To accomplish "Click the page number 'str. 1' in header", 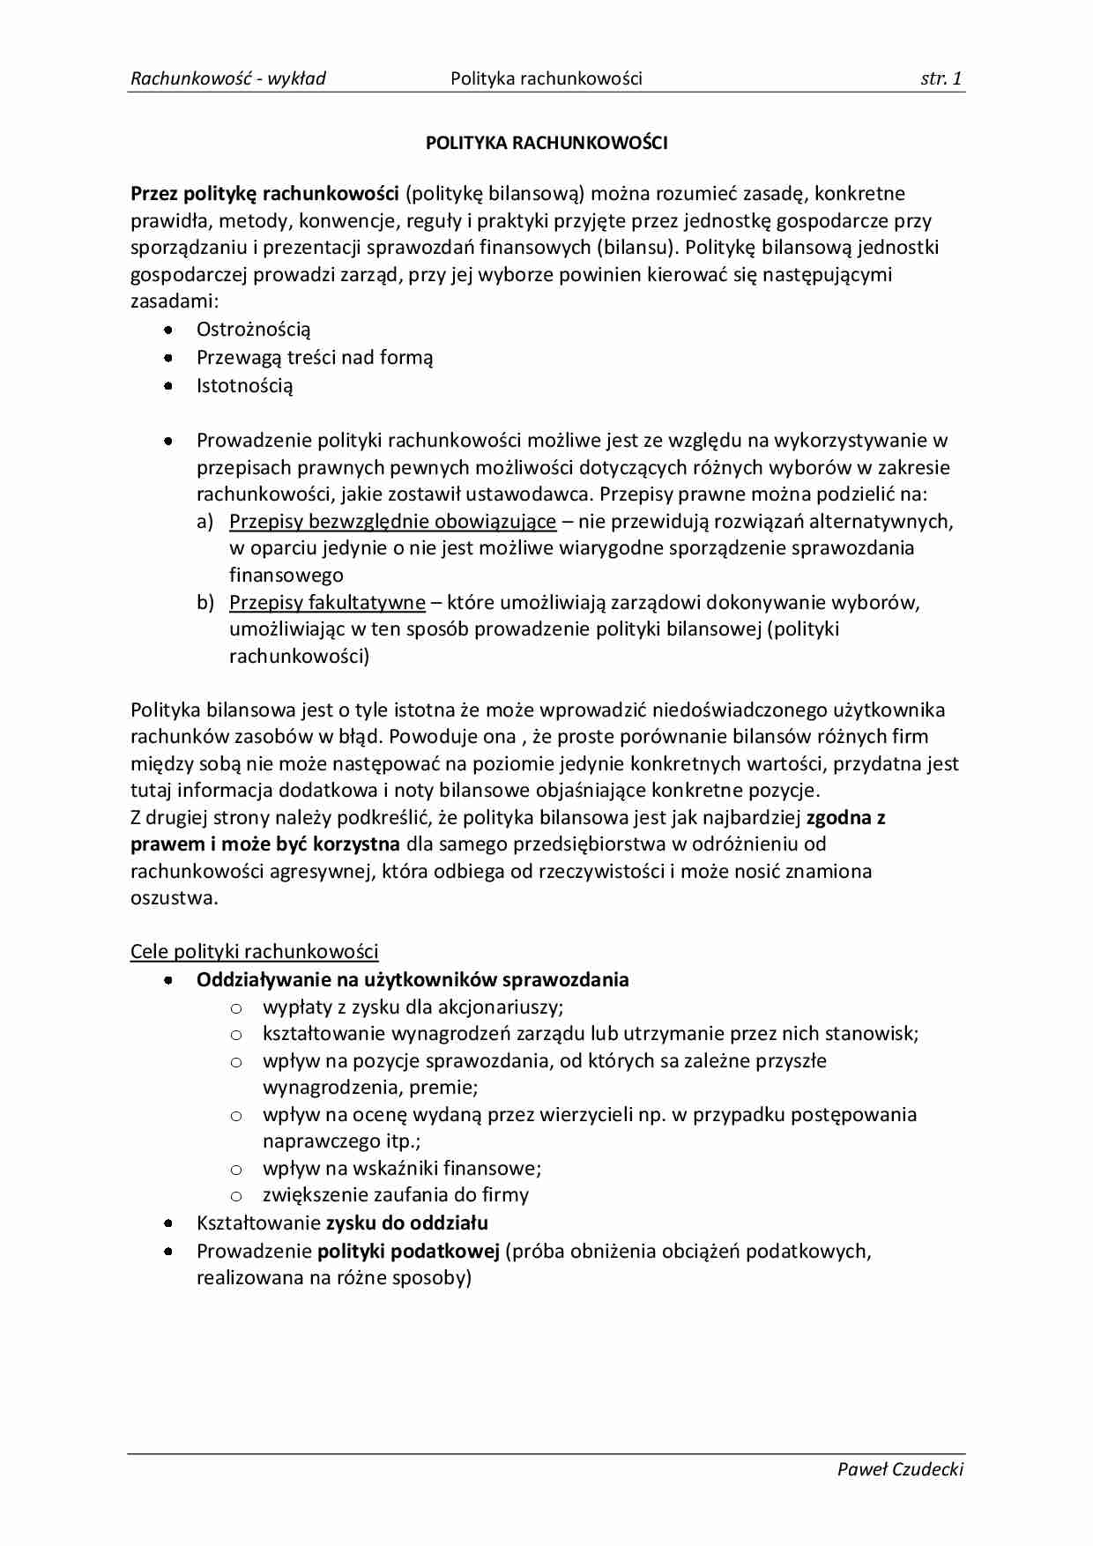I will [x=941, y=78].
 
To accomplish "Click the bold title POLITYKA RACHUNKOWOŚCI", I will [x=546, y=143].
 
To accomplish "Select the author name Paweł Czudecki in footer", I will [x=900, y=1468].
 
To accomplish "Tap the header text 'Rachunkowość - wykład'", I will [x=228, y=78].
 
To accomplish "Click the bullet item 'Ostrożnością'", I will [x=253, y=330].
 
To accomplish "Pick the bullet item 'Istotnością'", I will [x=244, y=385].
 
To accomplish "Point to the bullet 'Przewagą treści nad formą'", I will [x=315, y=358].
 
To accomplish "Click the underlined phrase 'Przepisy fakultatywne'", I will [x=327, y=603].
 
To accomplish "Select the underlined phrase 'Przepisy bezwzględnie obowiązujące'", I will [x=392, y=522].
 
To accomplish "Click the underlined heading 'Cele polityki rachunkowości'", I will [x=255, y=952].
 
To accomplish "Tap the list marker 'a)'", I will [x=205, y=522].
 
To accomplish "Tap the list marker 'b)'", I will [x=205, y=603].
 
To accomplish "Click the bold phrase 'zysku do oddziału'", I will [x=406, y=1223].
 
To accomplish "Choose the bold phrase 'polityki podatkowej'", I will [x=408, y=1251].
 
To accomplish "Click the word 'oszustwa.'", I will [x=175, y=898].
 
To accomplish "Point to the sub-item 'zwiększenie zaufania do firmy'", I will [x=396, y=1195].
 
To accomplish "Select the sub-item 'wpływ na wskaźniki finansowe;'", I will [x=402, y=1169].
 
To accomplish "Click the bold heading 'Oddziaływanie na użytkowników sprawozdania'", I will [x=413, y=980].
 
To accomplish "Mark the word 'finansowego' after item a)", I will [x=286, y=576].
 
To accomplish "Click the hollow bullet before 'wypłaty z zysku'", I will [x=235, y=1007].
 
